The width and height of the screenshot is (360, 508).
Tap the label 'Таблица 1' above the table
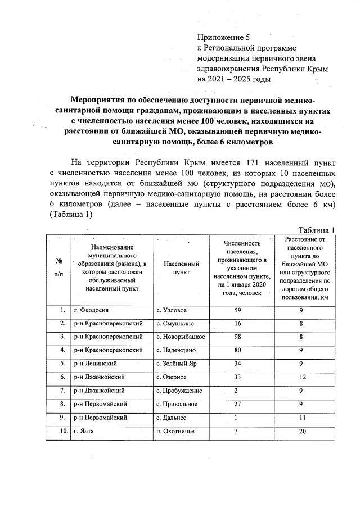[x=317, y=230]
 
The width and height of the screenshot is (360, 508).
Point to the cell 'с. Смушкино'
[x=175, y=324]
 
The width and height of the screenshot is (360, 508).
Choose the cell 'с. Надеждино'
[x=175, y=351]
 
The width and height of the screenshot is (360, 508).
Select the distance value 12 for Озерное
[x=301, y=378]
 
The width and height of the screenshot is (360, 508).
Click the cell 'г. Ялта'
[x=86, y=432]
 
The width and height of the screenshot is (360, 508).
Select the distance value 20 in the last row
[x=301, y=432]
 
